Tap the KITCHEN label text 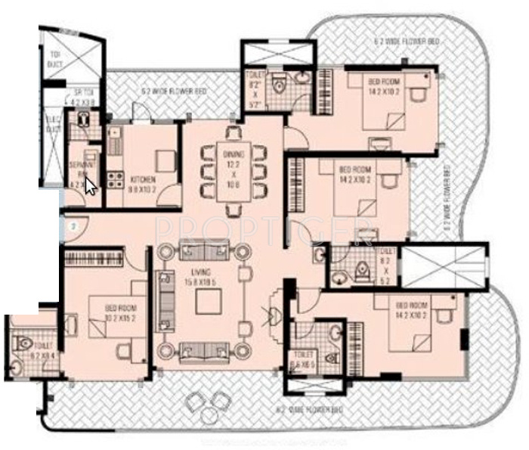click(x=142, y=180)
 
